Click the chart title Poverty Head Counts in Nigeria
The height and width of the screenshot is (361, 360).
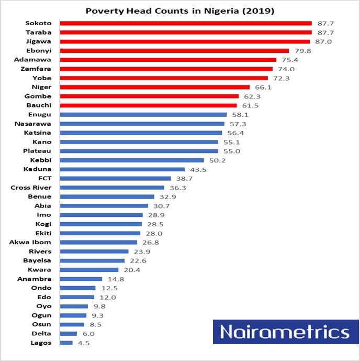point(179,10)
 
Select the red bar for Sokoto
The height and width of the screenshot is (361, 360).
point(186,23)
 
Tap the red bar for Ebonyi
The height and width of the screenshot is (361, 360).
point(174,51)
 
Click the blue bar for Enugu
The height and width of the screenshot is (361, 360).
point(143,115)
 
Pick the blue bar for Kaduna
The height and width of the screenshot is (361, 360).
point(122,169)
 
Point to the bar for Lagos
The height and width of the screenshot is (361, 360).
point(66,343)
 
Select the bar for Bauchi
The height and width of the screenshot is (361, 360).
point(148,105)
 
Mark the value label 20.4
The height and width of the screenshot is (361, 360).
point(131,270)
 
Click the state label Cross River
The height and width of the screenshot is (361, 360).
point(31,188)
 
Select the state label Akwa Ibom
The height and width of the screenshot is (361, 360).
point(30,242)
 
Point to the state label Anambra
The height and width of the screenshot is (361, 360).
point(35,279)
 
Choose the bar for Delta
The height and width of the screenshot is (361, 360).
point(69,334)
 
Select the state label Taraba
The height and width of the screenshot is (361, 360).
point(38,32)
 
